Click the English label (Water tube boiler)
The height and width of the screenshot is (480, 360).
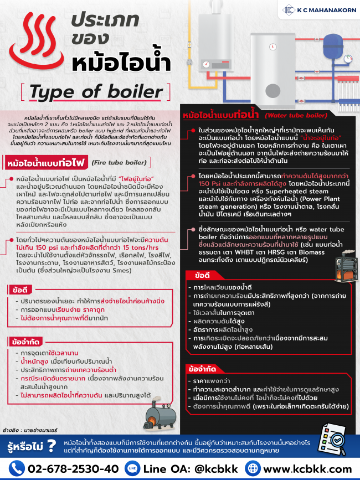[x=295, y=115]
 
